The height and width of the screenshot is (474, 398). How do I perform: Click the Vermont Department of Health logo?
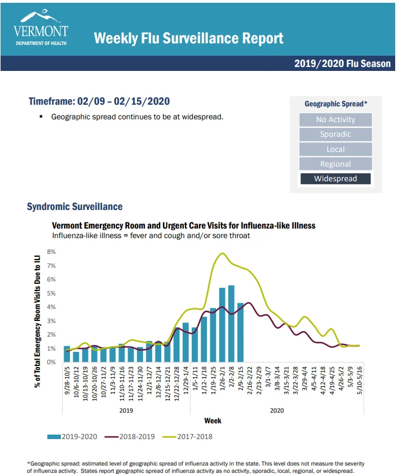click(41, 28)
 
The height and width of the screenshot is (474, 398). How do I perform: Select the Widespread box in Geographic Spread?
click(335, 178)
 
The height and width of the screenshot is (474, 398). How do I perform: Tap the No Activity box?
click(335, 119)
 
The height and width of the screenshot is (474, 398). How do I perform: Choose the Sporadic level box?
click(335, 134)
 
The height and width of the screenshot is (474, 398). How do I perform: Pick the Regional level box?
click(335, 164)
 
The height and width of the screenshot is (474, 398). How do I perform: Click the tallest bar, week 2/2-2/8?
click(231, 324)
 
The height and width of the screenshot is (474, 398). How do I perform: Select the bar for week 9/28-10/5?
click(67, 354)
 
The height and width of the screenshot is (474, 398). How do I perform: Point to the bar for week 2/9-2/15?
click(240, 332)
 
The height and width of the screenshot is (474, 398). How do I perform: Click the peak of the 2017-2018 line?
click(223, 253)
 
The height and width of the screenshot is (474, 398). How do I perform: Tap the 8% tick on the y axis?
click(51, 252)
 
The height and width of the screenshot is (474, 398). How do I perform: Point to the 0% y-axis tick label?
click(51, 362)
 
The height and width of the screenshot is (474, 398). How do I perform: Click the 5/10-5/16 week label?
click(360, 381)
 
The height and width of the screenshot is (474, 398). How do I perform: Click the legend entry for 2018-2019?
click(130, 436)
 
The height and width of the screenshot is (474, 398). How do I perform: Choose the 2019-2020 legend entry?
click(72, 436)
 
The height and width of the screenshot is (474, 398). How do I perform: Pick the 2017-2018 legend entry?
click(187, 436)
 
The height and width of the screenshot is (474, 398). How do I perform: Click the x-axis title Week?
click(213, 421)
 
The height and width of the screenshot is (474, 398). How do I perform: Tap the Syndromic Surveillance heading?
click(75, 207)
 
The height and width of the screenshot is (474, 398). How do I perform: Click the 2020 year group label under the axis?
click(277, 410)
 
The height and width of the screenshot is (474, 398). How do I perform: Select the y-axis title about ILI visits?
click(37, 321)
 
